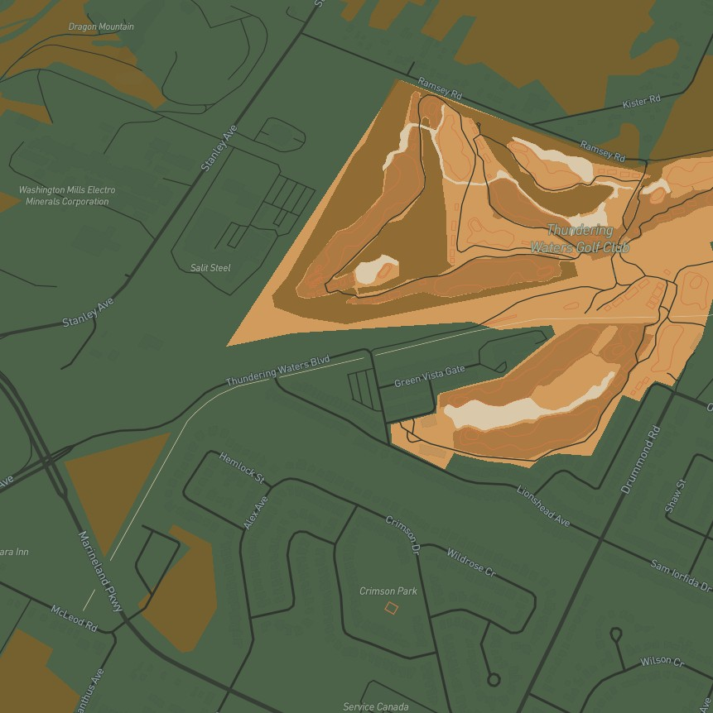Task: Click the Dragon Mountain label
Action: click(x=101, y=26)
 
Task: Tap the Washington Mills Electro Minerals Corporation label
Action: click(x=67, y=195)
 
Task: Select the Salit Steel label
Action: click(x=210, y=268)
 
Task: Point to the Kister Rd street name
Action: click(x=642, y=102)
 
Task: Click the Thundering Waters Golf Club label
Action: click(x=580, y=239)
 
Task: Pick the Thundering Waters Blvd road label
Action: click(x=278, y=371)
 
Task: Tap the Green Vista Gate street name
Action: click(x=429, y=376)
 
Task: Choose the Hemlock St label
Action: click(x=241, y=467)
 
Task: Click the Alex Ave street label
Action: click(x=256, y=513)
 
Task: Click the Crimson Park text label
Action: click(x=388, y=591)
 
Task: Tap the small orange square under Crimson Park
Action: click(x=391, y=608)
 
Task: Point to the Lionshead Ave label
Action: click(x=543, y=505)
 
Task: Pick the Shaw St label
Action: click(x=675, y=496)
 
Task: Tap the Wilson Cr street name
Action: click(x=662, y=662)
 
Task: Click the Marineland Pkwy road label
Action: click(x=100, y=572)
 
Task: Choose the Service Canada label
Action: click(x=375, y=706)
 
